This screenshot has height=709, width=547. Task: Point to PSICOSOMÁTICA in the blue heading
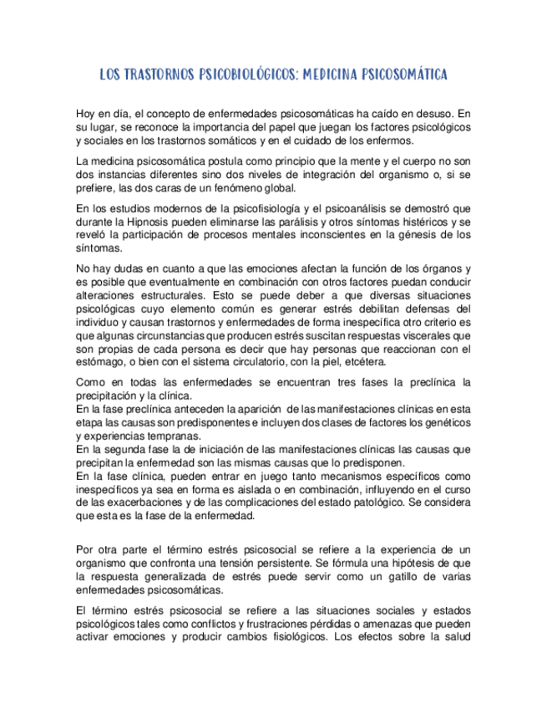[405, 75]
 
